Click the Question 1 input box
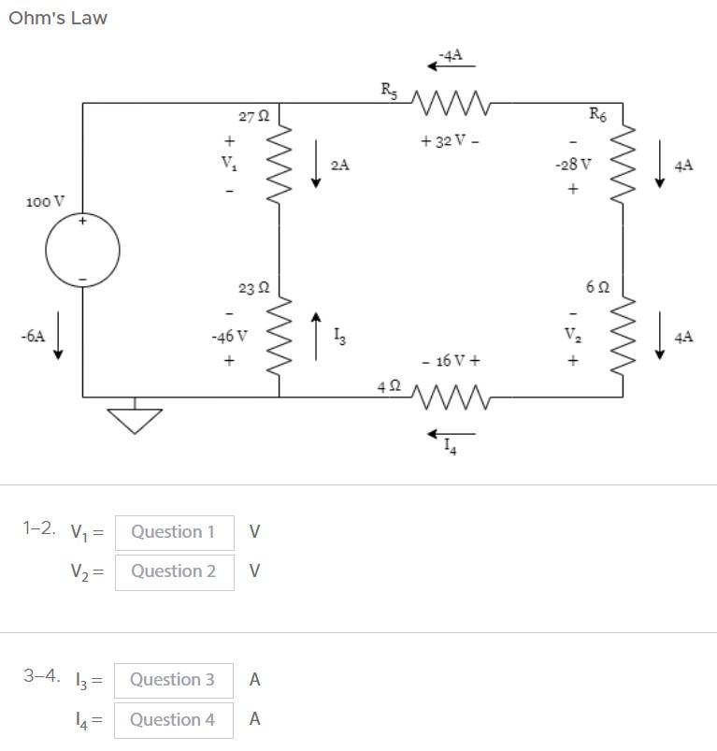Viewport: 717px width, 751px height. (x=174, y=532)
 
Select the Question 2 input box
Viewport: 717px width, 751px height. (x=174, y=571)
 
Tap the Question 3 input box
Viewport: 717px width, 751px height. (x=173, y=680)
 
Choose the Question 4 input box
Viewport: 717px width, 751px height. (x=173, y=719)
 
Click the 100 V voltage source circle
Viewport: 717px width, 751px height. (x=82, y=251)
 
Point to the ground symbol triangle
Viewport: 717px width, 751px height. (x=135, y=420)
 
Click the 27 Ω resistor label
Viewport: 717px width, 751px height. (x=253, y=117)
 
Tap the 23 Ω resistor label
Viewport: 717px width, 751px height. (x=253, y=289)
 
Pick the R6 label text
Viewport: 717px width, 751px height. (x=596, y=114)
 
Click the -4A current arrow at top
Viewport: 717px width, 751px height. (x=452, y=65)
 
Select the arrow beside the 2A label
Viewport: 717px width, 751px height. (x=316, y=164)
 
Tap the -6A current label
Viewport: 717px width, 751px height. (x=33, y=335)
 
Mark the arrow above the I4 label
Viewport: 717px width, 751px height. (x=452, y=433)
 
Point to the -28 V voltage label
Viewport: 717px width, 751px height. (x=572, y=165)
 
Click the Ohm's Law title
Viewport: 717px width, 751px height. (x=58, y=18)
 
